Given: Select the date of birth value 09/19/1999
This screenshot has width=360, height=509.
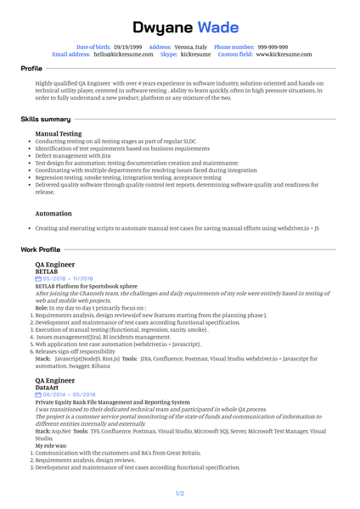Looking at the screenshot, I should [127, 47].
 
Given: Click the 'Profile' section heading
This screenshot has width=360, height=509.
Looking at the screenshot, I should [31, 67].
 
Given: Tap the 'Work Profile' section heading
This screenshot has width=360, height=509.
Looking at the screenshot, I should [41, 249].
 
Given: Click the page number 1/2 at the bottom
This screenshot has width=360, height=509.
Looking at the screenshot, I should [180, 493].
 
